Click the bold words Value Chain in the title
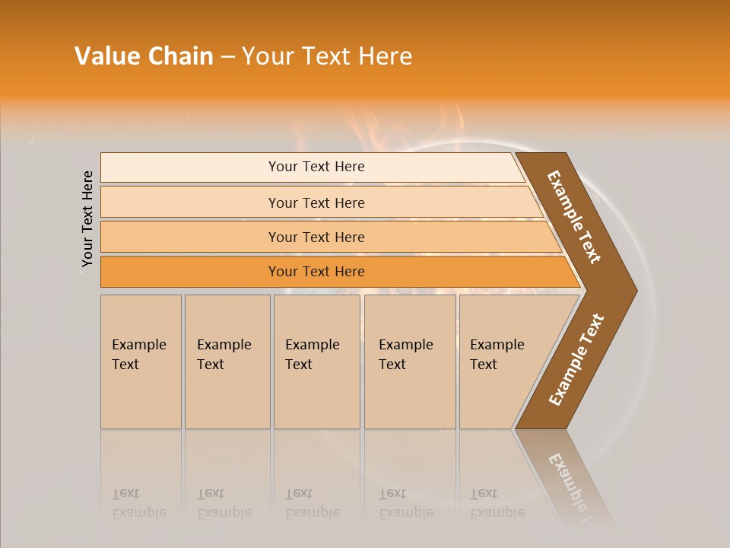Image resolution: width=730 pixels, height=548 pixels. pyautogui.click(x=144, y=56)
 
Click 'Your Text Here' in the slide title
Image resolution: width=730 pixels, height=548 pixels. pyautogui.click(x=327, y=56)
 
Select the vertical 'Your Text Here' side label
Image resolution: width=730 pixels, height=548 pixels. pyautogui.click(x=87, y=218)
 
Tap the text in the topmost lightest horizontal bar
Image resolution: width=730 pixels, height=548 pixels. pyautogui.click(x=316, y=167)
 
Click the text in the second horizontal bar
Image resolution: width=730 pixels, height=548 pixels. pyautogui.click(x=316, y=202)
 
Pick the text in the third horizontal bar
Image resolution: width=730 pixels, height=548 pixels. pyautogui.click(x=316, y=237)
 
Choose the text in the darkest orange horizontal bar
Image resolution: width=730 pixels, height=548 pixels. pyautogui.click(x=316, y=272)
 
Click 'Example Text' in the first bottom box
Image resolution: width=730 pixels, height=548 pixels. pyautogui.click(x=138, y=355)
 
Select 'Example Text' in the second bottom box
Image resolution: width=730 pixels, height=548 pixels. pyautogui.click(x=224, y=355)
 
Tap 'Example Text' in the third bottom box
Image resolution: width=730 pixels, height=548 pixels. pyautogui.click(x=312, y=355)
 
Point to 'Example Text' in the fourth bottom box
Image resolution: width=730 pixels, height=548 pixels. pyautogui.click(x=405, y=355)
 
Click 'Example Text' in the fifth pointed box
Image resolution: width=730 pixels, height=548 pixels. pyautogui.click(x=497, y=355)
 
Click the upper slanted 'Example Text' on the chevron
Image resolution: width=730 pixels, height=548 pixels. pyautogui.click(x=574, y=217)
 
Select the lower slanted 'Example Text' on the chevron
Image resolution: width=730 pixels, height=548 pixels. pyautogui.click(x=576, y=360)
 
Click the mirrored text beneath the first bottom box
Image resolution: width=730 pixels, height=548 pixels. pyautogui.click(x=138, y=503)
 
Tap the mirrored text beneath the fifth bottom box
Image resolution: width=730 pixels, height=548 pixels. pyautogui.click(x=497, y=503)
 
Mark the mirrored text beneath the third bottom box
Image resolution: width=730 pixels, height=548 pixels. pyautogui.click(x=312, y=503)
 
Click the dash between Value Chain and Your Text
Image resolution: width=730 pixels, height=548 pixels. pyautogui.click(x=227, y=57)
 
